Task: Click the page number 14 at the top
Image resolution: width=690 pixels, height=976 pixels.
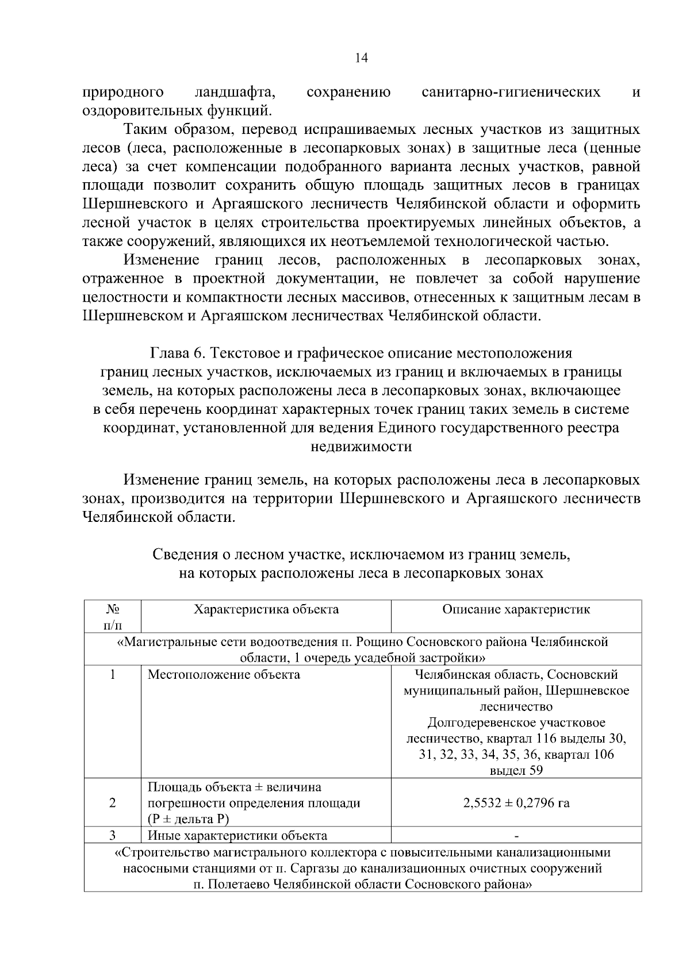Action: point(362,57)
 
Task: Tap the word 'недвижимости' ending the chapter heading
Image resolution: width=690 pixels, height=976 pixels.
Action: point(361,446)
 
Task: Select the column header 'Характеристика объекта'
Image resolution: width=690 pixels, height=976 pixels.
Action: point(266,610)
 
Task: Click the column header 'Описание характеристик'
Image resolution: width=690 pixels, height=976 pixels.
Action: point(516,610)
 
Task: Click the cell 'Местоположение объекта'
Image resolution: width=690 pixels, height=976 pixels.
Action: point(224,674)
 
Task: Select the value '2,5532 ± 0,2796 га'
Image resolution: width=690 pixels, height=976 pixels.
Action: point(516,803)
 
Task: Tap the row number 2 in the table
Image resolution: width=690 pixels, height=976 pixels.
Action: point(112,803)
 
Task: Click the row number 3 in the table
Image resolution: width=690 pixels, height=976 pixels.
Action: point(112,835)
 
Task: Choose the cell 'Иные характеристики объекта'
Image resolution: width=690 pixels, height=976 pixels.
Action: point(237,836)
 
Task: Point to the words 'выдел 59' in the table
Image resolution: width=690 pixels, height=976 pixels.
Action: point(516,771)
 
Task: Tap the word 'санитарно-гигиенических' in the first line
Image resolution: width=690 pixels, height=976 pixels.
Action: point(511,92)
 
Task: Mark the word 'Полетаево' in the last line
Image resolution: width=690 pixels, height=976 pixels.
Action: point(237,885)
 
